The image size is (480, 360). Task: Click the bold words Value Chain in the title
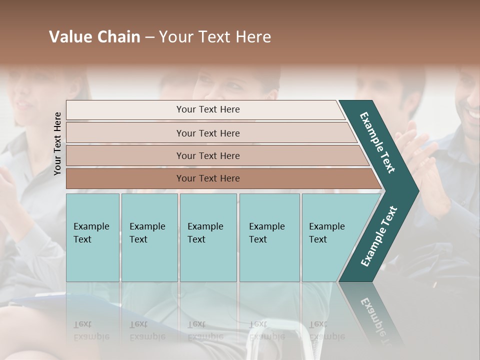(94, 37)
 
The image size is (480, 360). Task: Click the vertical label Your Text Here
(58, 143)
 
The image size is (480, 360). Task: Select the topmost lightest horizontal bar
(205, 109)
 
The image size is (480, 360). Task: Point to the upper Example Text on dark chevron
(377, 142)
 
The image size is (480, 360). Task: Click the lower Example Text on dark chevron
(378, 236)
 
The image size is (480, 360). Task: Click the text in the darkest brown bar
(208, 178)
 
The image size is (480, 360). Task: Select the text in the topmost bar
(208, 109)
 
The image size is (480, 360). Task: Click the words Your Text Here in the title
(215, 37)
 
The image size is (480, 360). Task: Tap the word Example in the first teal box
(91, 226)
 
